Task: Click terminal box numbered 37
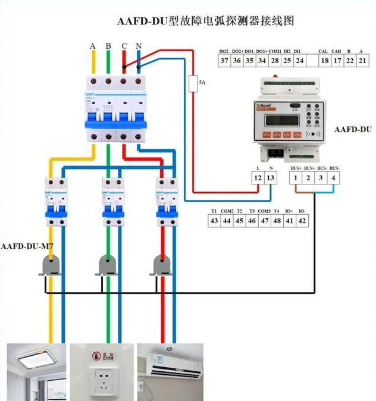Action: click(x=224, y=60)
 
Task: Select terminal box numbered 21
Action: click(x=362, y=60)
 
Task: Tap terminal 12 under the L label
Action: click(x=258, y=178)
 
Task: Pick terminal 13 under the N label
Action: click(x=271, y=178)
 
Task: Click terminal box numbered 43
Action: click(x=214, y=221)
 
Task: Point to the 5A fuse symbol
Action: click(x=193, y=84)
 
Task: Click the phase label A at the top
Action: click(x=93, y=46)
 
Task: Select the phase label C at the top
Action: click(x=124, y=46)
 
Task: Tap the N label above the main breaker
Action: click(x=139, y=46)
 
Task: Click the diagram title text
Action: click(x=206, y=21)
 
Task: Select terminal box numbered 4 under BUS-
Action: click(x=334, y=178)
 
